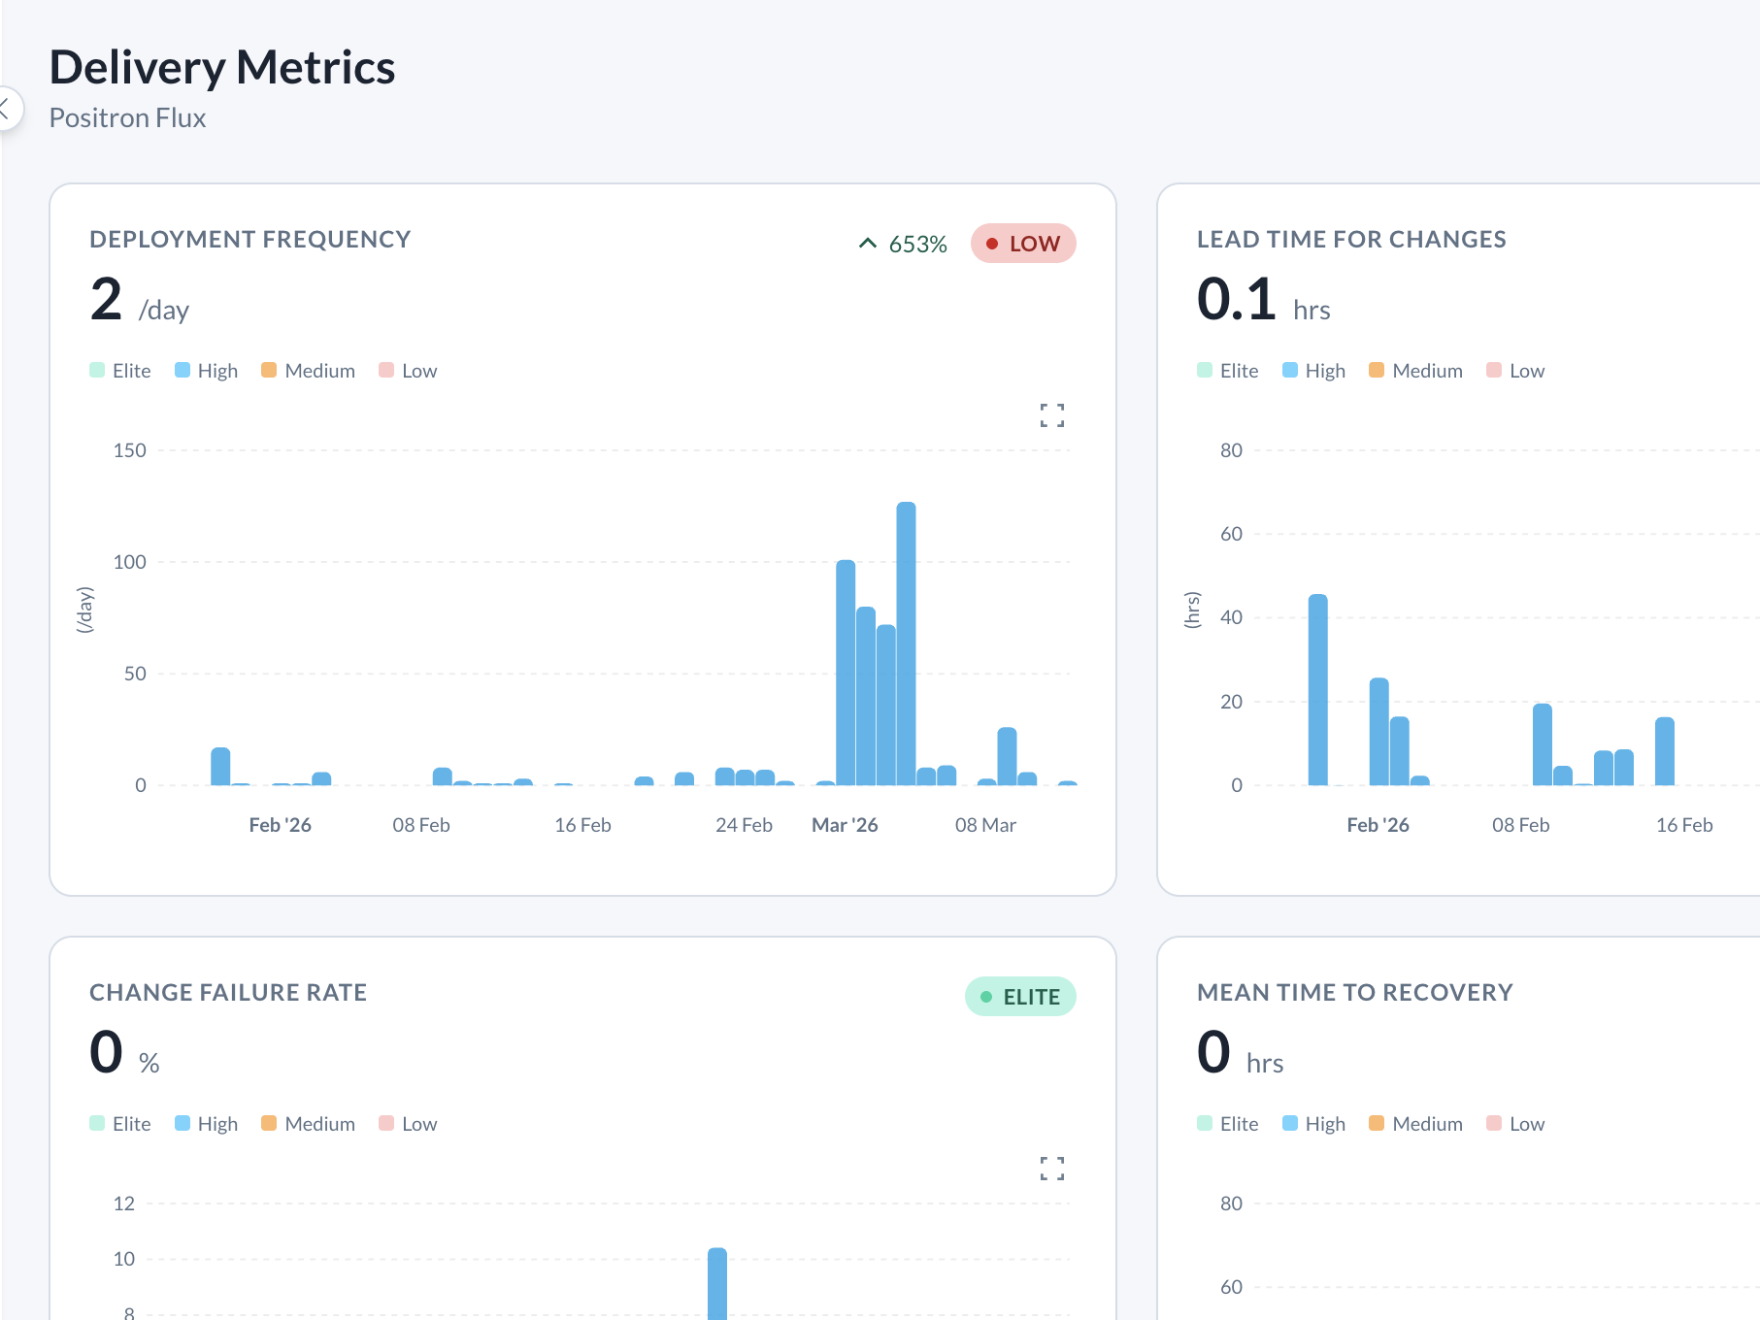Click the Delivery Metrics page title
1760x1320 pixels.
(222, 68)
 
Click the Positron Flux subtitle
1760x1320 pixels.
(127, 117)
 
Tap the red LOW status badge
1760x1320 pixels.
(1022, 244)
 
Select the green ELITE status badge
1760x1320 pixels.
(1019, 997)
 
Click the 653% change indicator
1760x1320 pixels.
(903, 245)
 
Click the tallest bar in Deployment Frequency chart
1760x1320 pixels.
(906, 641)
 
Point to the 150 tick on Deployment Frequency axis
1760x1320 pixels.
(129, 450)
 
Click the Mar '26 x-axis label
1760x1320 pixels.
(844, 825)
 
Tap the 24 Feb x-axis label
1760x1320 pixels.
(744, 825)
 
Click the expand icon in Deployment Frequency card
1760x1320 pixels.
(1051, 415)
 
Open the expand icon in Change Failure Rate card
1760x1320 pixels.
(1051, 1169)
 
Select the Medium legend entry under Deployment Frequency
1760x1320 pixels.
(308, 371)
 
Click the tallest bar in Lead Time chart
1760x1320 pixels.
(1317, 689)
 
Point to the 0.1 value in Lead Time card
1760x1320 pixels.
(1236, 299)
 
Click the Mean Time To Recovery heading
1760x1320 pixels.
(1354, 992)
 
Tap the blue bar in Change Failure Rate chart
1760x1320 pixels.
(716, 1283)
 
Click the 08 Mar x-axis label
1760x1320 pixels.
(984, 825)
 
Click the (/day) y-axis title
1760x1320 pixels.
(85, 610)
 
